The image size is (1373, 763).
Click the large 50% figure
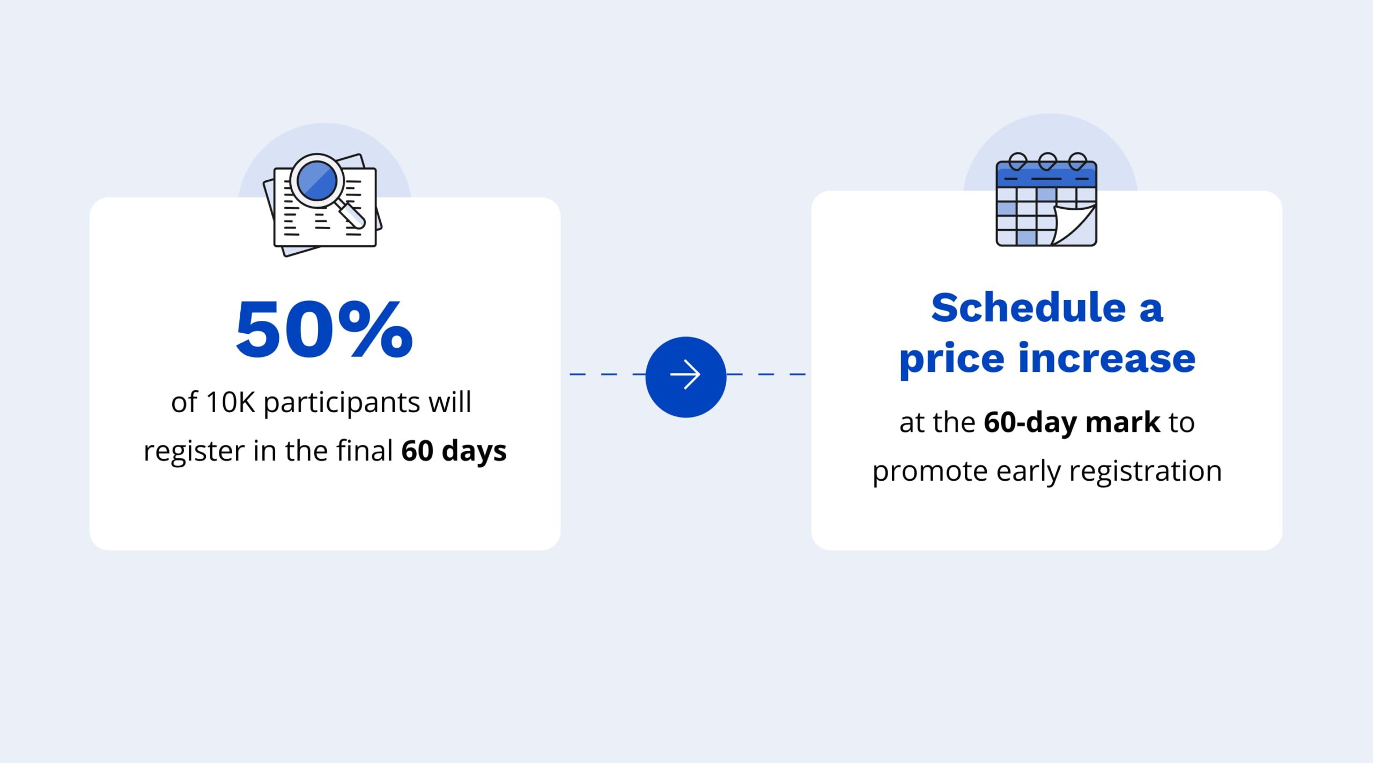coord(324,328)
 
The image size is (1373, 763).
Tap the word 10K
coord(230,402)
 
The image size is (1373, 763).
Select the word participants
coord(342,403)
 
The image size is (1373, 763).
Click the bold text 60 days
coord(454,451)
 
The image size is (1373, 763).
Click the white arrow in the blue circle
coord(685,375)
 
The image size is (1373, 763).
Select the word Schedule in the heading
coord(1028,308)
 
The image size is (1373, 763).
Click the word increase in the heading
coord(1107,358)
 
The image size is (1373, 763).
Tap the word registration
coord(1145,471)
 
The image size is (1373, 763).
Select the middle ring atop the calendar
coord(1047,161)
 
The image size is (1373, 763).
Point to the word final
coord(365,450)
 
